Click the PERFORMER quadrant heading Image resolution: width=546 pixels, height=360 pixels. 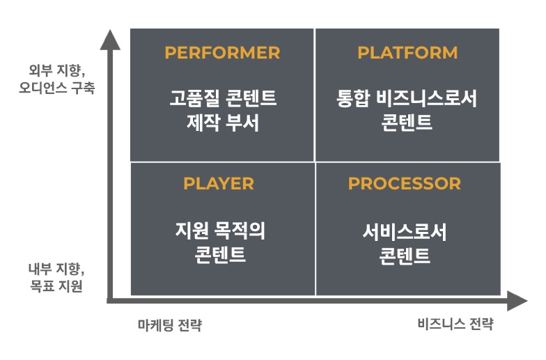222,53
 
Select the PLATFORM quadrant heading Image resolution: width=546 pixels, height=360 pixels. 407,53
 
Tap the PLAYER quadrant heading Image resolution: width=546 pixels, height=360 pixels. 219,184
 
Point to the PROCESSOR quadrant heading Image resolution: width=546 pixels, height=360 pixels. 405,184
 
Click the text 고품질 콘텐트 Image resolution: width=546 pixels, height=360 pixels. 223,98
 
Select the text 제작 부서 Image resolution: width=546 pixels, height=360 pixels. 223,123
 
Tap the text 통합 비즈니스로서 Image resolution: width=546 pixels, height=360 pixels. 407,98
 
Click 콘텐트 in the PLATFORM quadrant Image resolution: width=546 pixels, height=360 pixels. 407,123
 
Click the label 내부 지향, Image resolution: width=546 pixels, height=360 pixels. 56,269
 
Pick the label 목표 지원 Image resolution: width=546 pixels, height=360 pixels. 56,285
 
